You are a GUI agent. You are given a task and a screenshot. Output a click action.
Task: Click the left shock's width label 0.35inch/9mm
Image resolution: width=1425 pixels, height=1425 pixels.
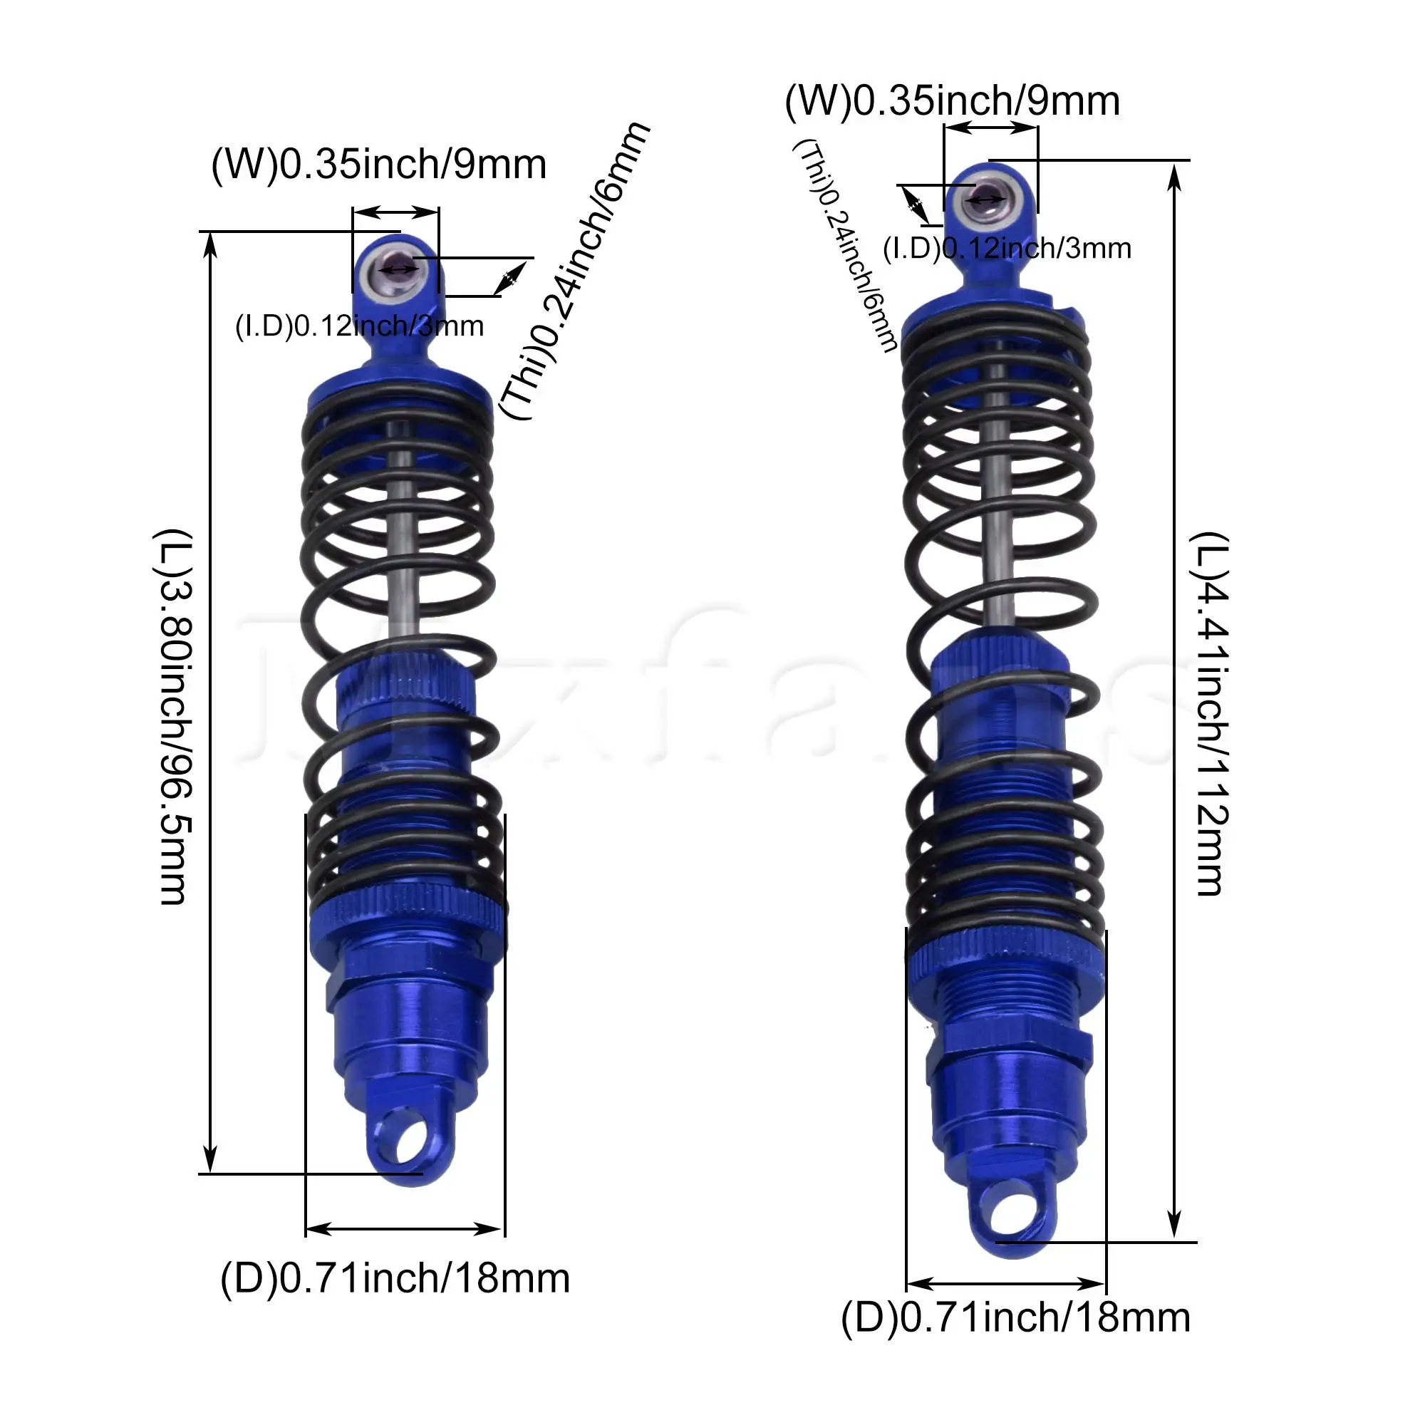pos(378,164)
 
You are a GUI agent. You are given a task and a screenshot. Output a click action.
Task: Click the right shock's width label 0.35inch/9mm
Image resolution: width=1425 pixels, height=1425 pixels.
pos(952,100)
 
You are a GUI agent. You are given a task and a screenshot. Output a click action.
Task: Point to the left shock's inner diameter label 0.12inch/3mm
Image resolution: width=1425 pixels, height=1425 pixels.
pos(359,326)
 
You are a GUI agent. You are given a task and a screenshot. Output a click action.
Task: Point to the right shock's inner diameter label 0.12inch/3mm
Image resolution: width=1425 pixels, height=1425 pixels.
pos(1007,249)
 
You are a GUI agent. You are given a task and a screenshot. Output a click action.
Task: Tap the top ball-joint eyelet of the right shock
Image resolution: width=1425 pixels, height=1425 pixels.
pos(987,198)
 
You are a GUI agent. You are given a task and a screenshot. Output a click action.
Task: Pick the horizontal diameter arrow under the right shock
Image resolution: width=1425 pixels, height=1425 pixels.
pos(1005,1283)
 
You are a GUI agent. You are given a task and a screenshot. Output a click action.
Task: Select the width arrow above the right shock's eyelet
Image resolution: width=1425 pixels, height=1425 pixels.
pos(990,128)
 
